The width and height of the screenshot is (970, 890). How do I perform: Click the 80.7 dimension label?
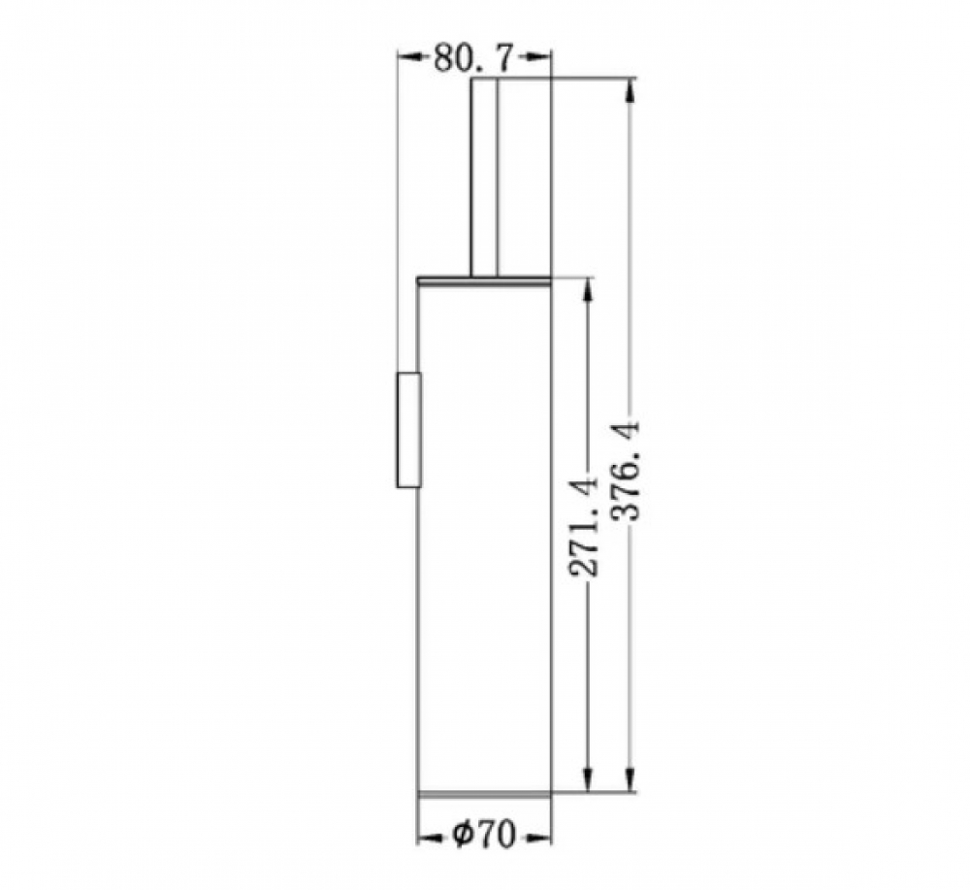(472, 59)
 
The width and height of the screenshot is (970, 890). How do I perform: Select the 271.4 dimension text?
(583, 526)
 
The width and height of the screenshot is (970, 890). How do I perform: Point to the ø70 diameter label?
(483, 835)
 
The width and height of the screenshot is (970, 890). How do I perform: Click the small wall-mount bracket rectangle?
(409, 430)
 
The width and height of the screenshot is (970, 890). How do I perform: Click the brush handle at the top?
(484, 177)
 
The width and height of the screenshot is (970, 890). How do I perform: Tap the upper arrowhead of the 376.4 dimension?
(630, 89)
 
